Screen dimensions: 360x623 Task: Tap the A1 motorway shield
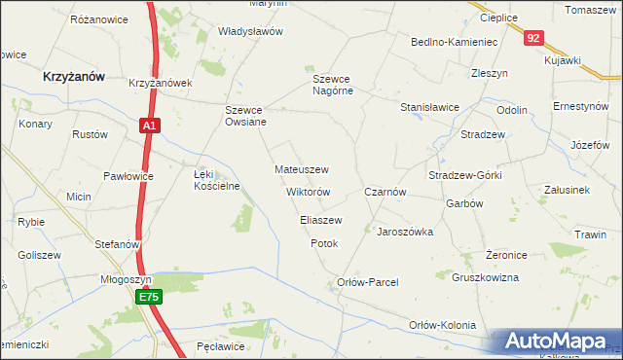tap(147, 126)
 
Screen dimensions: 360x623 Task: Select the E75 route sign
tap(147, 298)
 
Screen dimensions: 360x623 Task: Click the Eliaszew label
tap(320, 220)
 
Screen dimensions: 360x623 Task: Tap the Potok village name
tap(324, 243)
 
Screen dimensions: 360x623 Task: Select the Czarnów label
tap(385, 193)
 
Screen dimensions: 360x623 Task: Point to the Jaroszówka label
tap(405, 233)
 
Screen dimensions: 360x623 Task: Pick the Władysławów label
tap(250, 31)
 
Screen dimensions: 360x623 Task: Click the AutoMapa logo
tap(561, 342)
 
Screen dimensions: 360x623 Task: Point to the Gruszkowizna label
tap(486, 277)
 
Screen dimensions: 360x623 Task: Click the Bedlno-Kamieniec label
tap(455, 43)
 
